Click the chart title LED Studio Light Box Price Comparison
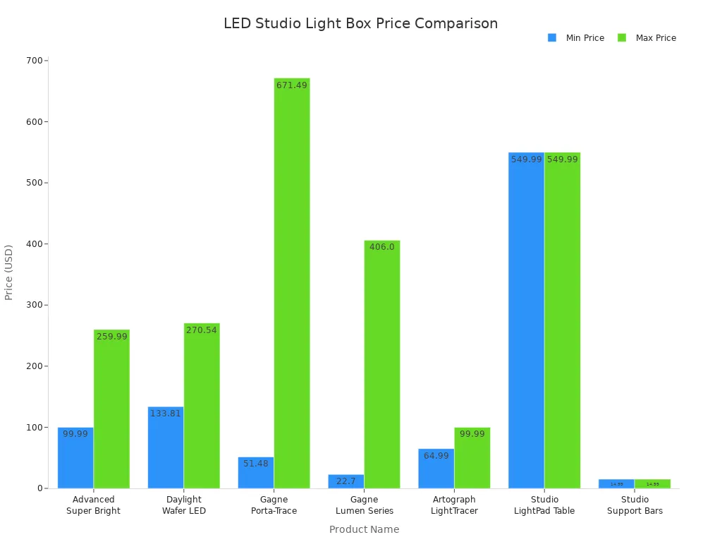tap(360, 23)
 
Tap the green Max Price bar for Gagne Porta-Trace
tap(292, 283)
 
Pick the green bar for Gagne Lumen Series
tap(382, 364)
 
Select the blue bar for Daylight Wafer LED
tap(166, 447)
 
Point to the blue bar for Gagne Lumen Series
tap(346, 481)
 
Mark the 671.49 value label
tap(292, 85)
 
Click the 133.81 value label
tap(166, 414)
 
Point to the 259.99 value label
tap(111, 337)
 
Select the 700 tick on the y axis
tap(34, 61)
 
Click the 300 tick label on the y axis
tap(34, 305)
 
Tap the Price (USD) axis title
tap(9, 272)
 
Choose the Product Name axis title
tap(364, 529)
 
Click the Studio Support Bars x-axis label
tap(635, 505)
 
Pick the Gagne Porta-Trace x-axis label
tap(274, 505)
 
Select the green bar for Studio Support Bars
tap(652, 483)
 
